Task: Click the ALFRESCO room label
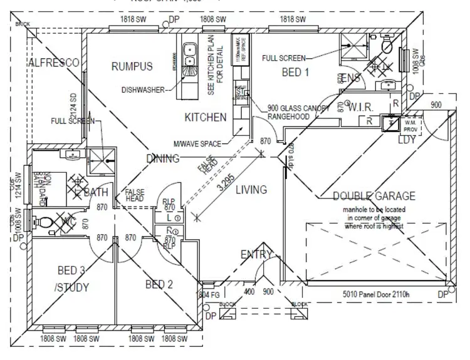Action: click(53, 63)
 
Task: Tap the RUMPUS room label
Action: click(132, 66)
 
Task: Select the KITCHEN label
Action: click(205, 117)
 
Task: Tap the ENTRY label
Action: click(257, 254)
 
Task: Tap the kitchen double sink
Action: click(188, 55)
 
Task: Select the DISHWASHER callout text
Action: click(144, 90)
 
